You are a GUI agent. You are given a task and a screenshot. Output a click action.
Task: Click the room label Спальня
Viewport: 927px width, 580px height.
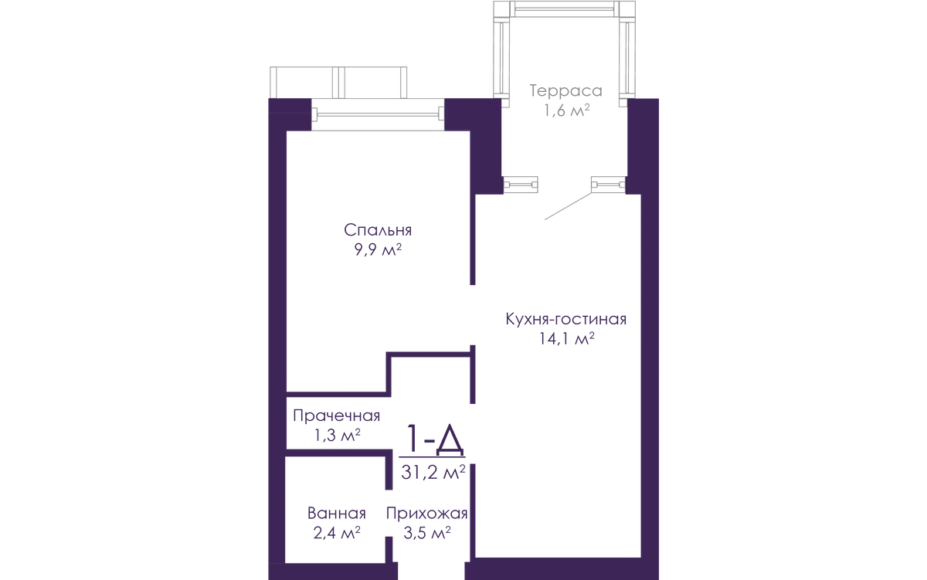[x=378, y=230]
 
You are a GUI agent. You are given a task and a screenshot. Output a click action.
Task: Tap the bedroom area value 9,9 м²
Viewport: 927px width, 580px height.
[x=378, y=250]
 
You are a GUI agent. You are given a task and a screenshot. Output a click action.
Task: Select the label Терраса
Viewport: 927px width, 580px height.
[x=565, y=91]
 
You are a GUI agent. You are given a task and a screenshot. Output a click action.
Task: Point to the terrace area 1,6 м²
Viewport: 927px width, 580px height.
[x=566, y=110]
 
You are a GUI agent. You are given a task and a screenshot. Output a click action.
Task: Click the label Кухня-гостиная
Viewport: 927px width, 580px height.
[x=565, y=319]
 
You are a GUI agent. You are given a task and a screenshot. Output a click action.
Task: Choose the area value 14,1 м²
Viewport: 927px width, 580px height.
[x=566, y=338]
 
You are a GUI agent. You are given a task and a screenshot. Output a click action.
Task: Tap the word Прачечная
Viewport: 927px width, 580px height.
[x=337, y=415]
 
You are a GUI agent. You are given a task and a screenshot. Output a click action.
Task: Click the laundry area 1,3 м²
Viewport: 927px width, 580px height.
[x=338, y=436]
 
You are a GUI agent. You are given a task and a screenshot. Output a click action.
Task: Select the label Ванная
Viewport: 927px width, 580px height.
[x=337, y=514]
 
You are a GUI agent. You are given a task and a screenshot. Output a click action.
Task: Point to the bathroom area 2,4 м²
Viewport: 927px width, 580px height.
[x=337, y=533]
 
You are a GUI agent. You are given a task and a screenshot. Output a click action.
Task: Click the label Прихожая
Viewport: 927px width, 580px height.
[x=426, y=514]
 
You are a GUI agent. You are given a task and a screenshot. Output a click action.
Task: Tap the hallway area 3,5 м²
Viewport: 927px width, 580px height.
[x=427, y=533]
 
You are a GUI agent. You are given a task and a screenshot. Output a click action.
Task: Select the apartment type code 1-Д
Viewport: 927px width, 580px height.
[x=434, y=439]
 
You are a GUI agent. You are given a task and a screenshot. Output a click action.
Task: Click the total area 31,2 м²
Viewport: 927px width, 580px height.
[x=433, y=472]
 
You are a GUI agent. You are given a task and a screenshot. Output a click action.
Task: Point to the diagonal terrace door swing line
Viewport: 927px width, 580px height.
[x=569, y=206]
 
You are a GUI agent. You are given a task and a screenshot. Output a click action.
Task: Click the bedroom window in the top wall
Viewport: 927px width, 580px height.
[x=378, y=114]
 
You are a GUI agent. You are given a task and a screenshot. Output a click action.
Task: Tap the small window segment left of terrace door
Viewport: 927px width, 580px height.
[x=520, y=185]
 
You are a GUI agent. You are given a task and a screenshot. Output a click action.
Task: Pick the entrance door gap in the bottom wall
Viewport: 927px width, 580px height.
[x=431, y=571]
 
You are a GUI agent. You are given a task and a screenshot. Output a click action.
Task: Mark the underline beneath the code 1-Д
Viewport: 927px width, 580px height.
[x=432, y=457]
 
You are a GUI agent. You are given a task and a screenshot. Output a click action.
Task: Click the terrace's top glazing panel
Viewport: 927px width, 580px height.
[x=565, y=8]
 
